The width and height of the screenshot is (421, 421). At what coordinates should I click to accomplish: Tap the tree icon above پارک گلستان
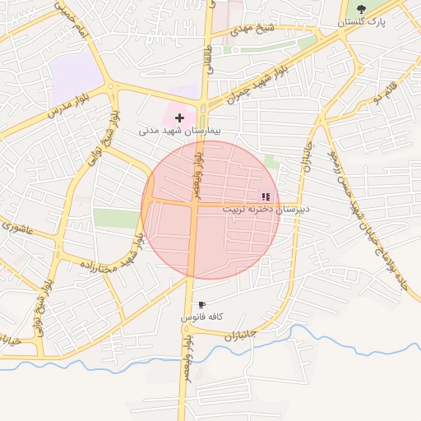[x=361, y=9]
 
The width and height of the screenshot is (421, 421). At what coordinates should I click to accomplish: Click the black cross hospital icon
[x=179, y=118]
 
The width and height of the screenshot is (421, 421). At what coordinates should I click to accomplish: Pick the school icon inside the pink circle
[x=266, y=197]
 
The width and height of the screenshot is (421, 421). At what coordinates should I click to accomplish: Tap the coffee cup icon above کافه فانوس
[x=201, y=305]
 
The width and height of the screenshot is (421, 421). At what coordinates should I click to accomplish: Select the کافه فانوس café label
[x=202, y=317]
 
